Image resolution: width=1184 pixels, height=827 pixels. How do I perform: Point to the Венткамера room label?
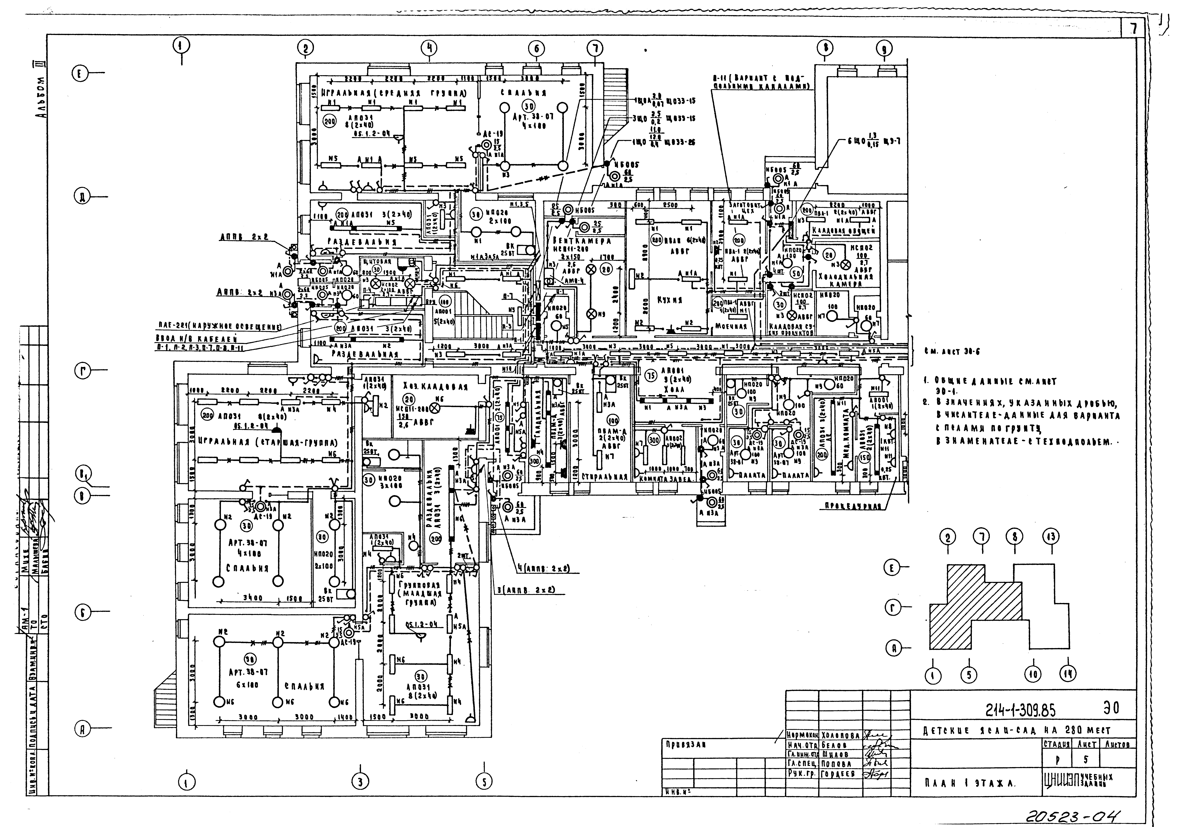[581, 241]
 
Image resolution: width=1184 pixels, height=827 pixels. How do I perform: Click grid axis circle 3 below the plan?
[360, 782]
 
